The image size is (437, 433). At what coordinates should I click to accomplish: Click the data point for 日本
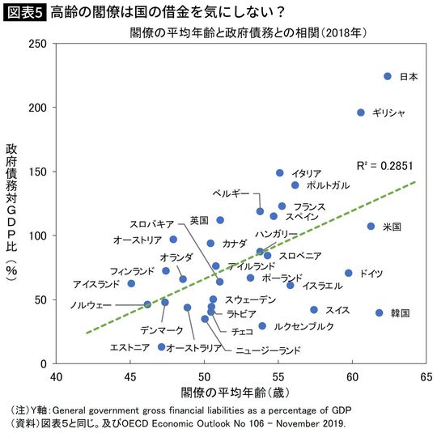[x=388, y=76]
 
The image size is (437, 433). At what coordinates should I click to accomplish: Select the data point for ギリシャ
[x=361, y=112]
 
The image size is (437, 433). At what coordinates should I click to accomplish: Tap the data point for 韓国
[x=380, y=312]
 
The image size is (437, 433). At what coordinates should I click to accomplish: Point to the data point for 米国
[x=371, y=227]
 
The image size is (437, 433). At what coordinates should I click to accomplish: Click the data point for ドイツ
[x=349, y=274]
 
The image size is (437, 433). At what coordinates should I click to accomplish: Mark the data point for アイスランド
[x=131, y=283]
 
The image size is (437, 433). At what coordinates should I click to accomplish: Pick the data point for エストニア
[x=161, y=346]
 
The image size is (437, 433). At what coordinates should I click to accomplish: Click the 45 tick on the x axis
[x=130, y=378]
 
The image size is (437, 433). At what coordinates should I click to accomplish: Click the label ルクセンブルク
[x=303, y=326]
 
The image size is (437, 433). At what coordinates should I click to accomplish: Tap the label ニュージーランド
[x=268, y=350]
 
